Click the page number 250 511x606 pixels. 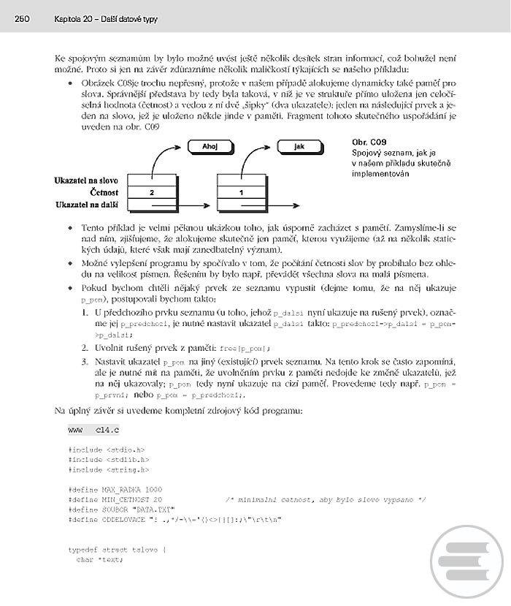[20, 18]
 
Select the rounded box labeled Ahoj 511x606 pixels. [210, 146]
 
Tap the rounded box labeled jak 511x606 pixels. [299, 146]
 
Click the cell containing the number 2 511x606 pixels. [152, 192]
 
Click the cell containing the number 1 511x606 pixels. [242, 192]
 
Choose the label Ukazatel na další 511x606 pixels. [88, 205]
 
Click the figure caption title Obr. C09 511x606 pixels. [369, 141]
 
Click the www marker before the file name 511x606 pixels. [74, 432]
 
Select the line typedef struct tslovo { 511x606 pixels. [117, 548]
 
